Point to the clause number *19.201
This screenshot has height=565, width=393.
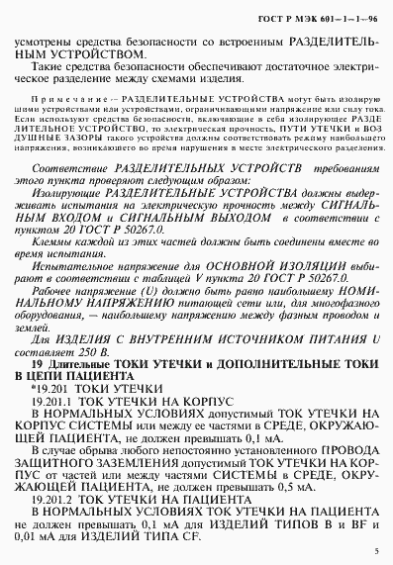tap(49, 391)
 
